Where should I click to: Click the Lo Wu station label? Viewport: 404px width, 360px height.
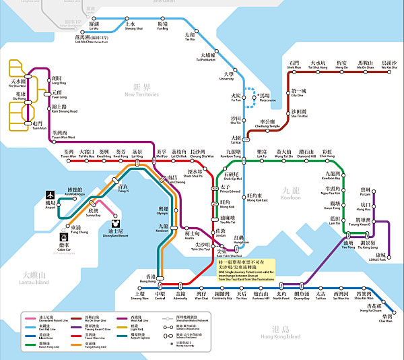coord(94,26)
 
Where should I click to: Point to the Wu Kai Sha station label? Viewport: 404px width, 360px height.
coord(389,65)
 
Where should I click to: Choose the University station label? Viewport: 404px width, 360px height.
coord(228,76)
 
